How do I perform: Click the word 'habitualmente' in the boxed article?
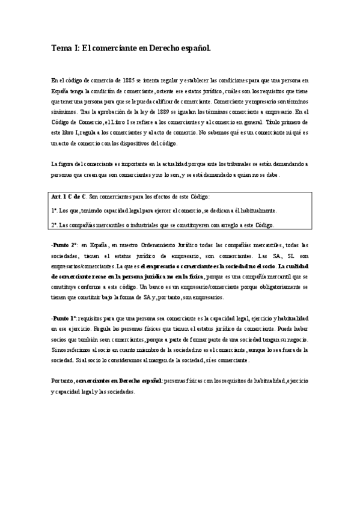point(258,211)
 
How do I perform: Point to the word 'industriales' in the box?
point(145,226)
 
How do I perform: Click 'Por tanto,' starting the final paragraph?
point(63,381)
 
